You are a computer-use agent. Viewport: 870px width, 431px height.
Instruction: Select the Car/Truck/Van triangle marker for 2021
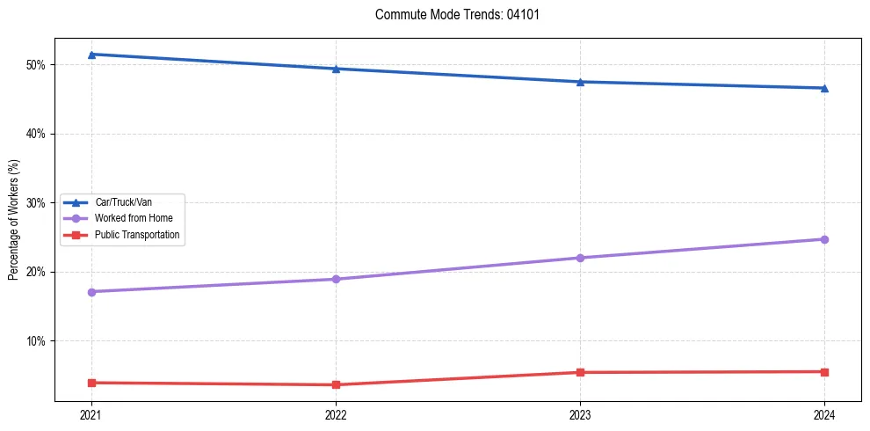(91, 55)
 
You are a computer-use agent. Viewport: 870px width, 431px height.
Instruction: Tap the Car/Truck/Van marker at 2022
(336, 69)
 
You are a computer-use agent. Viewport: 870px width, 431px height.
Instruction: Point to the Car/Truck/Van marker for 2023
(580, 82)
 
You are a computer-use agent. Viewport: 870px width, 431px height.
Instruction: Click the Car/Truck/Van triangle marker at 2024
(824, 88)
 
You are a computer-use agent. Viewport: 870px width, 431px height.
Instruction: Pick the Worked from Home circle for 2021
(91, 291)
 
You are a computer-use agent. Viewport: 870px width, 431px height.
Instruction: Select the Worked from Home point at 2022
(336, 279)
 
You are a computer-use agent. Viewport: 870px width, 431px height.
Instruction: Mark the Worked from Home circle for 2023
(580, 258)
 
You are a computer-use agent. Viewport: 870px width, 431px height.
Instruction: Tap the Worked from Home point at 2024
(824, 239)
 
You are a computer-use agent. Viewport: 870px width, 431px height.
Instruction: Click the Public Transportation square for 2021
(91, 383)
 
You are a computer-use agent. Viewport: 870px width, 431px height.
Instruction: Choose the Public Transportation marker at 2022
(336, 384)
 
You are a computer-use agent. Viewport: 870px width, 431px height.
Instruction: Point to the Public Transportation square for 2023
(580, 372)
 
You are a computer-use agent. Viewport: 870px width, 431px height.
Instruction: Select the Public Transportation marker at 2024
(824, 371)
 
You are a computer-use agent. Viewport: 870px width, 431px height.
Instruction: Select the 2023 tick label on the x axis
(580, 413)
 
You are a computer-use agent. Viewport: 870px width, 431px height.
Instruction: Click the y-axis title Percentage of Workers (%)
(14, 220)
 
